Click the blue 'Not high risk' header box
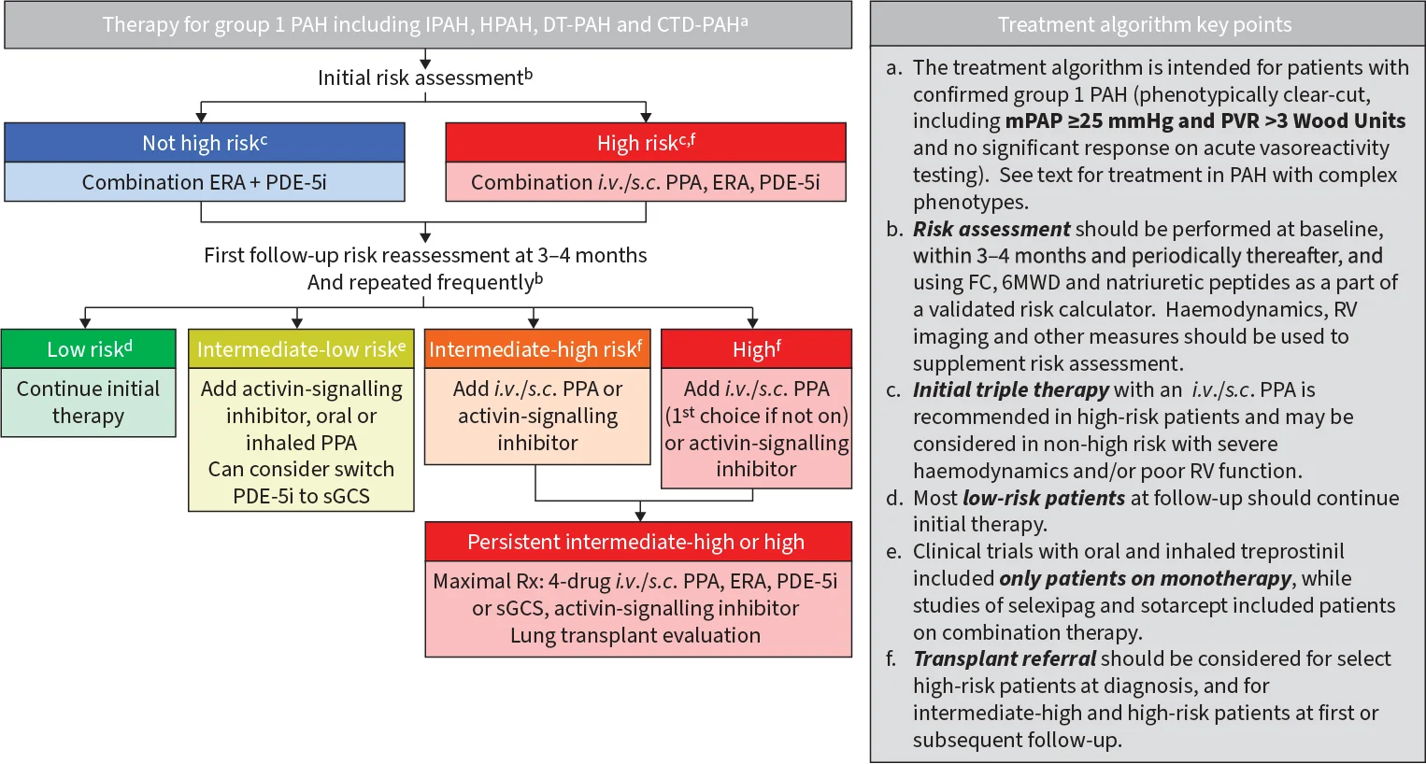(205, 143)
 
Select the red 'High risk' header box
(646, 143)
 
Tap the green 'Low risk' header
(89, 349)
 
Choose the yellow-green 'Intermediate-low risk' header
(301, 349)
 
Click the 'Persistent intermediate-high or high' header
(637, 542)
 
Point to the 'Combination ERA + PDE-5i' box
(205, 182)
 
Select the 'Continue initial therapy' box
(89, 403)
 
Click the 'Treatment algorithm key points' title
(1145, 25)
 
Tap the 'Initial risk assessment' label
(424, 78)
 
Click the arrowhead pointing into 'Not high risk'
(202, 117)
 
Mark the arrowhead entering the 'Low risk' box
(86, 322)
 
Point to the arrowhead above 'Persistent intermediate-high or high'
(640, 515)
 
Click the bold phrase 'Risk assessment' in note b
(991, 230)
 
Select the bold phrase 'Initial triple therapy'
(1010, 390)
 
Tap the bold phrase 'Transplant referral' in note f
(1005, 659)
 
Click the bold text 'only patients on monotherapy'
(1145, 579)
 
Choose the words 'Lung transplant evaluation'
(635, 636)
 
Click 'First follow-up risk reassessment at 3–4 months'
(425, 256)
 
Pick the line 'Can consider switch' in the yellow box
(301, 470)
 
